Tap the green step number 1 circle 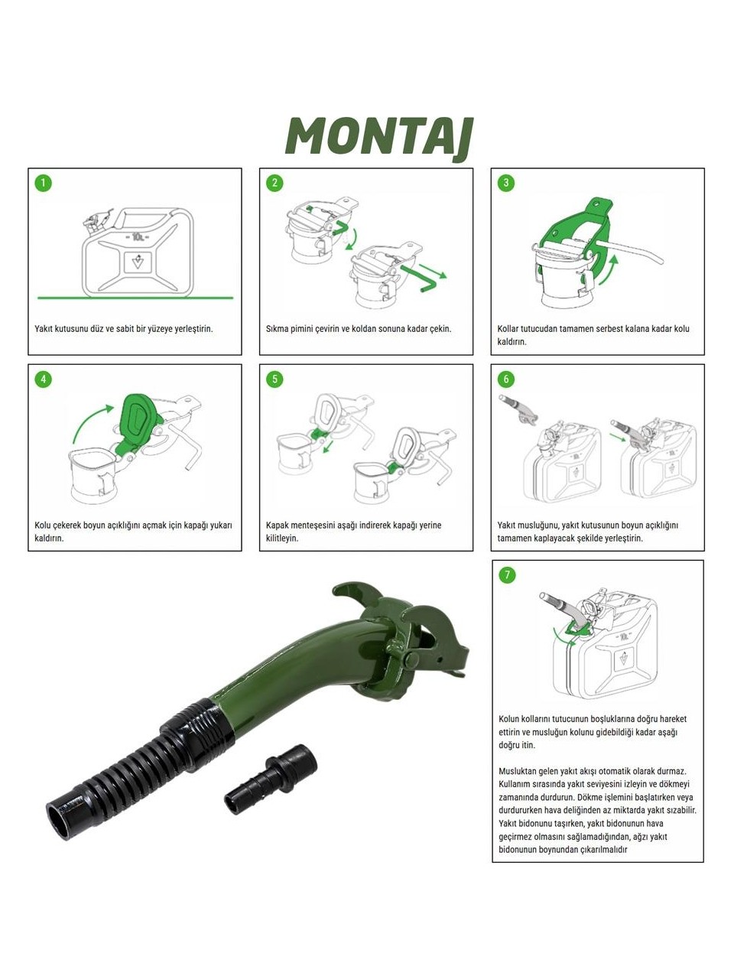44,183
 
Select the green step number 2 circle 274,183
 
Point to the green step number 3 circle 506,183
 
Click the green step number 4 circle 44,379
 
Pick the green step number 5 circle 274,379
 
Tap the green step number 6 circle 506,379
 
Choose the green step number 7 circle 507,575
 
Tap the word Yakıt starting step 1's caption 43,329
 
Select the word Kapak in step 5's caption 276,525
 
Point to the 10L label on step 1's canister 137,236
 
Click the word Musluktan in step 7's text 518,771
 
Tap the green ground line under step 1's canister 135,298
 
